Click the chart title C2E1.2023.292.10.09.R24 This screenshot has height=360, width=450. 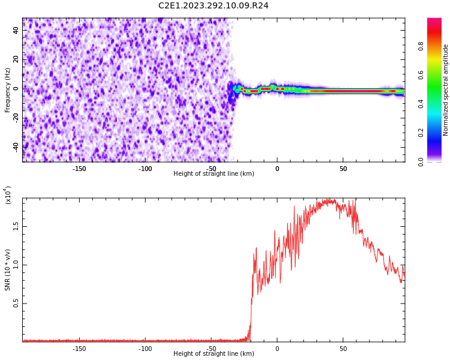click(214, 5)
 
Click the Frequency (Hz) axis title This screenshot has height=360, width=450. click(8, 90)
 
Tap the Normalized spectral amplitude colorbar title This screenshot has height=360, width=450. click(446, 90)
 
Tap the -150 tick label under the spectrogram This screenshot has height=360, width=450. click(79, 169)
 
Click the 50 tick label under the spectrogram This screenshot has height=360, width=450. click(343, 169)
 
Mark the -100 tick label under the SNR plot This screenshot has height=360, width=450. click(145, 349)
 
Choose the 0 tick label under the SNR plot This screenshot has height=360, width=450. click(277, 349)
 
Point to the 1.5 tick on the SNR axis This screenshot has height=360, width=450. click(16, 226)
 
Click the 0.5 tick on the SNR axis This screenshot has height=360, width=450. click(16, 304)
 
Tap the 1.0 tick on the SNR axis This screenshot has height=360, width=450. click(16, 265)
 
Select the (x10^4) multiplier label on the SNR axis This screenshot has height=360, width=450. click(8, 195)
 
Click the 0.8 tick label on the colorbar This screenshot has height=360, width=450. click(438, 46)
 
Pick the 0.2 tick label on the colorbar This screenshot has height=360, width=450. click(438, 133)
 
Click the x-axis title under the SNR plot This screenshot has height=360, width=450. click(214, 354)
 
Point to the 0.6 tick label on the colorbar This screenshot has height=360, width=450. click(438, 74)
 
